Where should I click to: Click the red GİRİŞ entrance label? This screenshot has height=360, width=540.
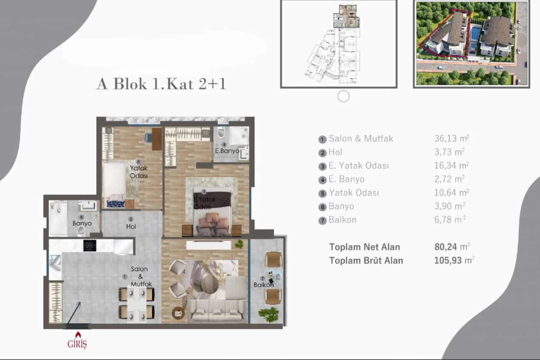click(77, 343)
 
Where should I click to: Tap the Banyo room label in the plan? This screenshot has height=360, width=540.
click(82, 223)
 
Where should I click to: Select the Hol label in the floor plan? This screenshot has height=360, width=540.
click(131, 227)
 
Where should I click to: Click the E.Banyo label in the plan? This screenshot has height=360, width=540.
click(227, 151)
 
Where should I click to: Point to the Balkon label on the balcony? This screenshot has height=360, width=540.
click(264, 285)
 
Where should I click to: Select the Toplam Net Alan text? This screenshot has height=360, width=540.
click(365, 247)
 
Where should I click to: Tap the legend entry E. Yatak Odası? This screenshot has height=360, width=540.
click(359, 166)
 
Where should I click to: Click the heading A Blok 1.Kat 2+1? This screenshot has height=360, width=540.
click(161, 84)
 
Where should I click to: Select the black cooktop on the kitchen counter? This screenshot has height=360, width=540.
click(89, 245)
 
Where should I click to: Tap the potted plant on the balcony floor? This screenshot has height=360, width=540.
click(269, 314)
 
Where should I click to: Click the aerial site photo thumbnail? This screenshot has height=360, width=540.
click(471, 44)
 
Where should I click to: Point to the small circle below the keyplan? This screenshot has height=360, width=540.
click(343, 97)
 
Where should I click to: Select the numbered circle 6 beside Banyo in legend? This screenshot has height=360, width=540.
click(323, 207)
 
